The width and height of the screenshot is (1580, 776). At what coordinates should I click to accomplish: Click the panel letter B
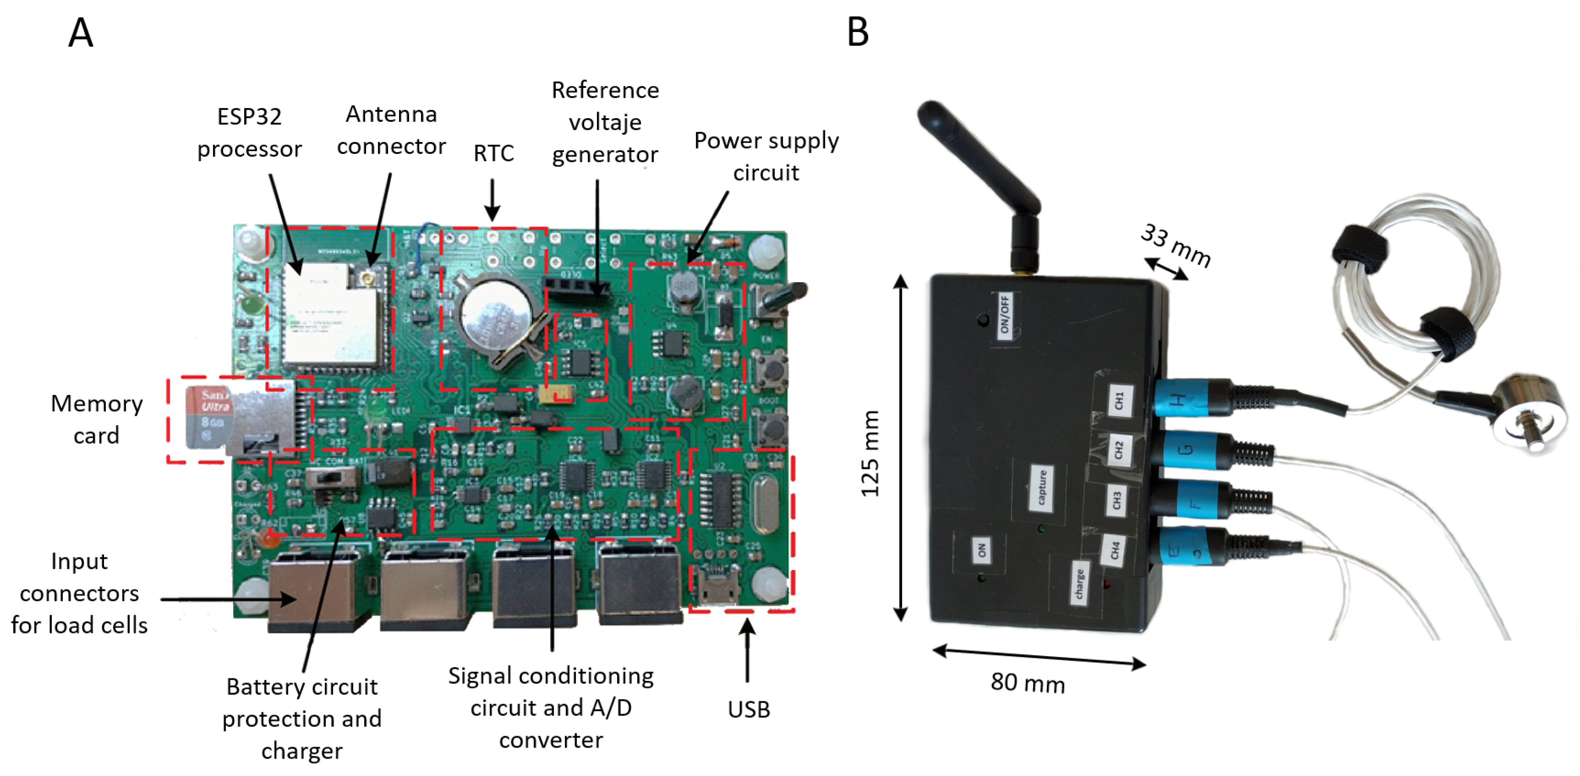[x=858, y=32]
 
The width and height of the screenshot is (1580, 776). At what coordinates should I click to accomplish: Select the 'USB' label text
[x=748, y=709]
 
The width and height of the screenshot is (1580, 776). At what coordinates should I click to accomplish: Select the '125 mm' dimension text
[x=870, y=454]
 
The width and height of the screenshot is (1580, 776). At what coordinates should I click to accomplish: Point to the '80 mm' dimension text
[x=1028, y=683]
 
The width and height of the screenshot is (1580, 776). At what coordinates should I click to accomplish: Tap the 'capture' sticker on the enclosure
[x=1041, y=488]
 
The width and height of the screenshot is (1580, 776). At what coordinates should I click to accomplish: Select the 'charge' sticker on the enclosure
[x=1079, y=584]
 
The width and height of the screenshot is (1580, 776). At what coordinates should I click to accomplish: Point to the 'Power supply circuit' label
[x=766, y=156]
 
